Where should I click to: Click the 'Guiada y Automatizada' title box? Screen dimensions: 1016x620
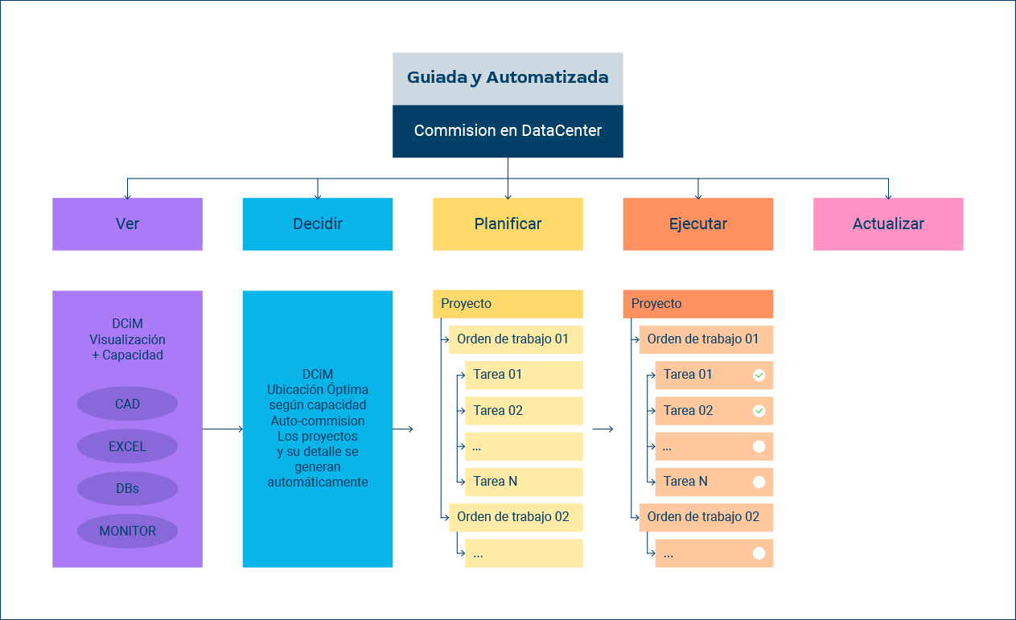click(x=508, y=79)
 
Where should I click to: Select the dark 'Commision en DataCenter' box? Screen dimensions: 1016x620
click(x=508, y=132)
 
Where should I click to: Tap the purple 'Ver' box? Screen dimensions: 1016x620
click(x=127, y=224)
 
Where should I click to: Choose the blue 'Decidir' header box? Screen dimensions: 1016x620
click(x=318, y=224)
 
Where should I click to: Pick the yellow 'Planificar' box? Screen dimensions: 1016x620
click(x=508, y=224)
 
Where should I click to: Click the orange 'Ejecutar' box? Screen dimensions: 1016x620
click(x=698, y=224)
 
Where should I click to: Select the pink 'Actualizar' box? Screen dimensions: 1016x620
click(x=888, y=224)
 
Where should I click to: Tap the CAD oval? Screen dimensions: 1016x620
click(x=127, y=404)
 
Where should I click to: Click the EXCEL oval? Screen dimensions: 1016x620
click(x=127, y=446)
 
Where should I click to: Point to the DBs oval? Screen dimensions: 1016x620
click(x=127, y=488)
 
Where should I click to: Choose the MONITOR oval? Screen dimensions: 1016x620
click(x=127, y=531)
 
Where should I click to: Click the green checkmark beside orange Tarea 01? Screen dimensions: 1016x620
click(x=759, y=375)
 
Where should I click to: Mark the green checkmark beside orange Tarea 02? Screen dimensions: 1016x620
click(x=759, y=411)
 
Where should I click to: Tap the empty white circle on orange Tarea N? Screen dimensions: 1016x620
click(x=759, y=482)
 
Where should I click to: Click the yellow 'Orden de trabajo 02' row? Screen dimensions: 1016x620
click(x=516, y=518)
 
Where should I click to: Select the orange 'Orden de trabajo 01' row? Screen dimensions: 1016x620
click(x=705, y=339)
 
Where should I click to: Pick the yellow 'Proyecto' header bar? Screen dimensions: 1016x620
click(x=508, y=304)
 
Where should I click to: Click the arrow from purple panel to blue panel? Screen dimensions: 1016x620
click(x=223, y=429)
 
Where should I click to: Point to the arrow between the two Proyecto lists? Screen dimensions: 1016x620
click(x=603, y=429)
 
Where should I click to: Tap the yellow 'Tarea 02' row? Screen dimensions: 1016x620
click(x=524, y=411)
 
